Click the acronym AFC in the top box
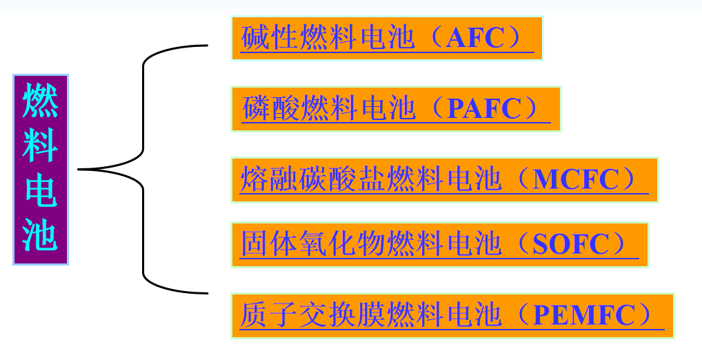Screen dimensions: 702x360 (476, 38)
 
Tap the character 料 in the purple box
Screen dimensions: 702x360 (40, 147)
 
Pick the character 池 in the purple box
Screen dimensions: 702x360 (40, 237)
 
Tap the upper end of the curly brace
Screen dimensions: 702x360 (205, 46)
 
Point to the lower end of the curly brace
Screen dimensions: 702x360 (205, 293)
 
